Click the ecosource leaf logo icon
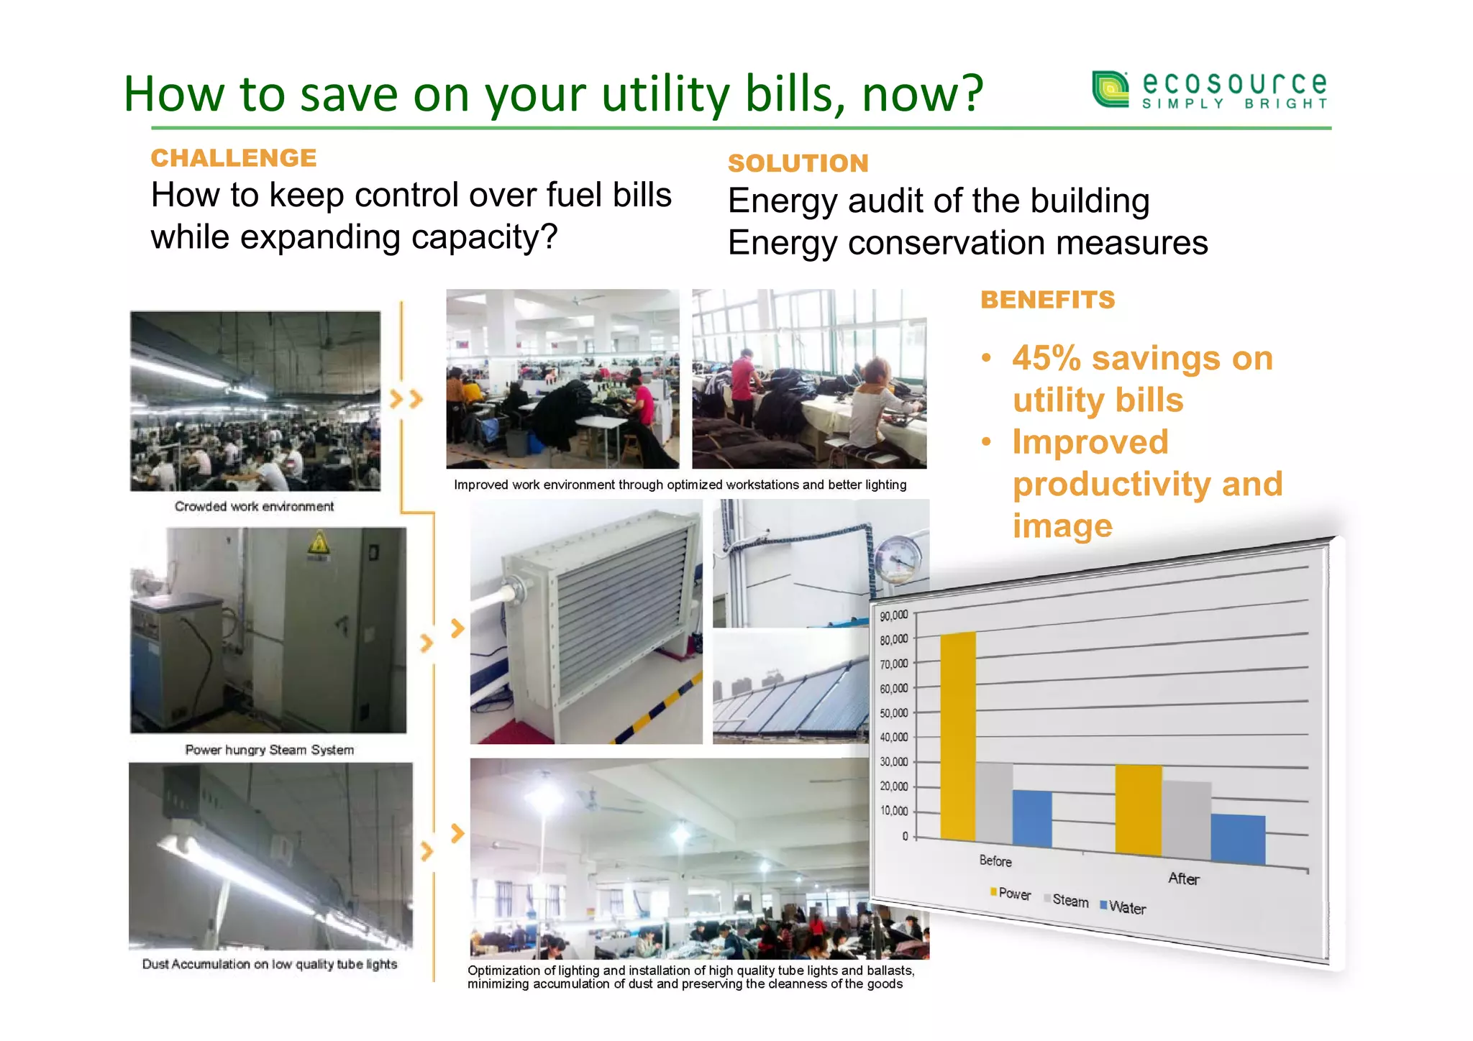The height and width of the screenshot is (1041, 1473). click(x=1111, y=89)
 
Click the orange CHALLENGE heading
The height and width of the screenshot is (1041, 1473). click(x=233, y=157)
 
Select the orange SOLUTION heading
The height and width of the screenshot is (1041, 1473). click(x=798, y=163)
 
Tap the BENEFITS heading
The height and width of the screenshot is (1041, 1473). click(x=1047, y=299)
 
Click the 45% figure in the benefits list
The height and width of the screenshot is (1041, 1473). click(x=1046, y=358)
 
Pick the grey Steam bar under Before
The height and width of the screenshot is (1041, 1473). click(x=994, y=802)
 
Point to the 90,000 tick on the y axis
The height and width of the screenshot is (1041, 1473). click(x=894, y=616)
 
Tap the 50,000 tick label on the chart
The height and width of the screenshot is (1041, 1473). click(x=894, y=713)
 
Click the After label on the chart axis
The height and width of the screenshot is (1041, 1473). click(x=1183, y=879)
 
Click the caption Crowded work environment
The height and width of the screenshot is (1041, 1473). click(x=254, y=506)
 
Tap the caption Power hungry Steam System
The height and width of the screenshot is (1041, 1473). click(x=269, y=750)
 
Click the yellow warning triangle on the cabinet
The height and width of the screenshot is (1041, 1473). click(x=318, y=544)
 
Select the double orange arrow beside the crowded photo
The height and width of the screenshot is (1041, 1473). click(x=406, y=399)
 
